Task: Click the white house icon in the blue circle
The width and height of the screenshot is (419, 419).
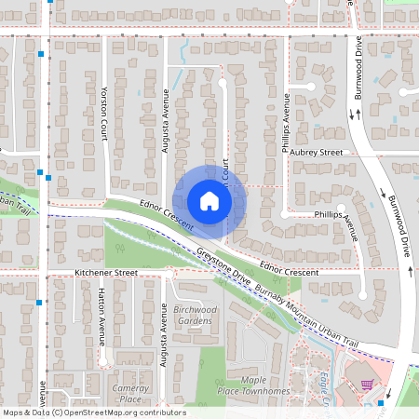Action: coord(209,201)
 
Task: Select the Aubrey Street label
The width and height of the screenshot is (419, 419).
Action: coord(318,152)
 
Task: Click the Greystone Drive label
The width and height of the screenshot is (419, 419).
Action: coord(223,265)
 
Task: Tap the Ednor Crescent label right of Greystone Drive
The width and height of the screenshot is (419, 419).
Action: coord(290,271)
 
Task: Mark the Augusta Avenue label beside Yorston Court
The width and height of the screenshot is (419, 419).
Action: coord(166,116)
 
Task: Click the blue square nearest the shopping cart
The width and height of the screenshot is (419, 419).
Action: coord(383,403)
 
